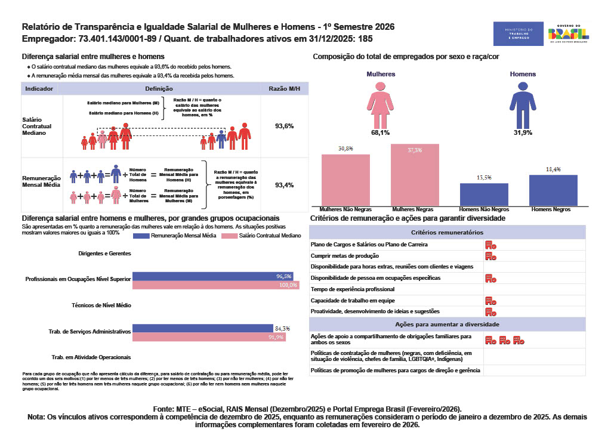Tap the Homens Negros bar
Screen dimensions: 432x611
click(553, 191)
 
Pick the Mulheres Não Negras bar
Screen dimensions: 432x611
click(345, 180)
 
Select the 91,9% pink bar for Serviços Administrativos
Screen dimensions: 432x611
click(208, 337)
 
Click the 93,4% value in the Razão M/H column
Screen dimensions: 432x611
click(284, 186)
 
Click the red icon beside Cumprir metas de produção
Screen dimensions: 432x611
click(490, 256)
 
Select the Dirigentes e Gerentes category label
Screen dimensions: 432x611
click(104, 254)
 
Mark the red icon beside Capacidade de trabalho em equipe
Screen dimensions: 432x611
click(490, 301)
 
